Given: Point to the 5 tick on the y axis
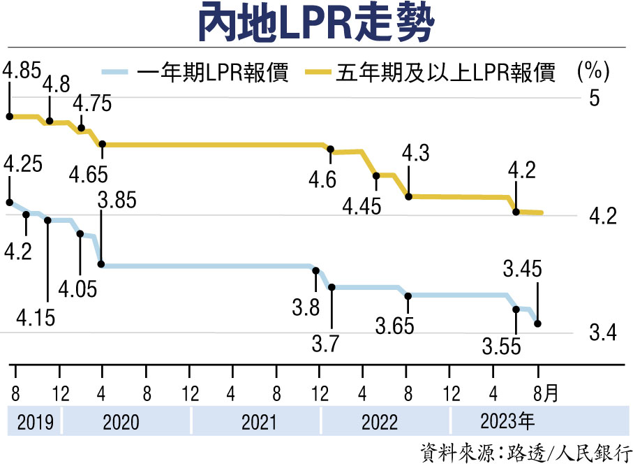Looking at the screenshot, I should click(595, 99).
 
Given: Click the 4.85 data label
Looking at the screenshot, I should click(22, 70).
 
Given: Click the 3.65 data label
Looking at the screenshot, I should click(394, 326).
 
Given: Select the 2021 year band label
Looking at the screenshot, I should click(257, 422).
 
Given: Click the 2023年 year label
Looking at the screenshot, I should click(507, 421).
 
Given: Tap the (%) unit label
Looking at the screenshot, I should click(594, 71).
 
